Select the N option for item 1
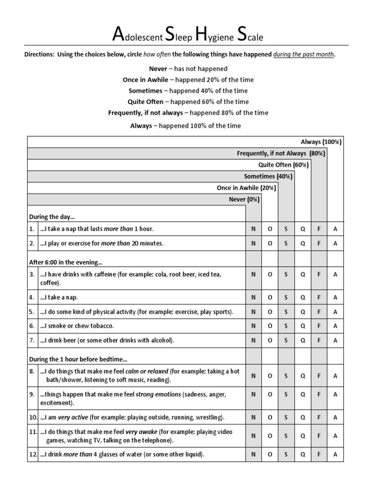coord(254,229)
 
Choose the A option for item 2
coord(335,244)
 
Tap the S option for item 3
coord(286,275)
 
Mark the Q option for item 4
coord(303,297)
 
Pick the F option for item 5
coord(319,312)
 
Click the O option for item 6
coord(270,326)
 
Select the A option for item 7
coord(335,341)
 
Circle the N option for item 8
coord(254,376)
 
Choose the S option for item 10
coord(286,417)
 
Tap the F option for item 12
coord(319,454)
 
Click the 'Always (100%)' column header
coord(321,142)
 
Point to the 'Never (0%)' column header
coord(244,199)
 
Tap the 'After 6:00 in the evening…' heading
coord(66,262)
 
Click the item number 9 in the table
coord(32,394)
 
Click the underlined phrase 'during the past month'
coord(303,55)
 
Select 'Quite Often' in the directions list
coord(146,102)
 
